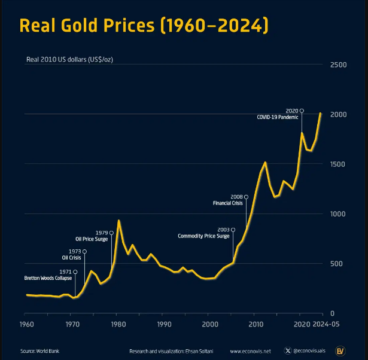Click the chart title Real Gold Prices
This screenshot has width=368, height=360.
coord(144,26)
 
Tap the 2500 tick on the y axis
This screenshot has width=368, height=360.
coord(339,64)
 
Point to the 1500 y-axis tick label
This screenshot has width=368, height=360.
coord(339,164)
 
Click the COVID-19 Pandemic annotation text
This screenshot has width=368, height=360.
coord(277,117)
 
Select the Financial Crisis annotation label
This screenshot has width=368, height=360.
coord(228,203)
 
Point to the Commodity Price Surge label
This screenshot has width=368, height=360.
coord(203,236)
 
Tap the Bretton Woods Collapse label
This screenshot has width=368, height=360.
coord(48,279)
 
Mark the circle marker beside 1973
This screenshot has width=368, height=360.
coord(84,252)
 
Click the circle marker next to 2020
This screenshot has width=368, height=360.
coord(302,111)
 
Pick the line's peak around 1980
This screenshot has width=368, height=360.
coord(118,221)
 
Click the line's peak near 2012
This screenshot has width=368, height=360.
coord(265,162)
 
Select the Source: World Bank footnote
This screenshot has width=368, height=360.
coord(39,351)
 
